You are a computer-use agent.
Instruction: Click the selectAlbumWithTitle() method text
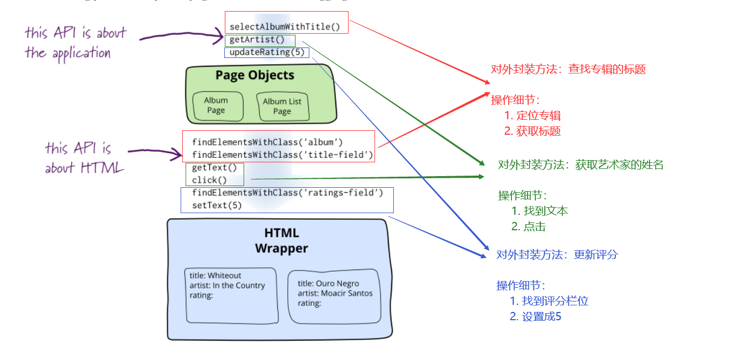coord(284,27)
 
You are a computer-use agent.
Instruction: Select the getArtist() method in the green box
coord(257,40)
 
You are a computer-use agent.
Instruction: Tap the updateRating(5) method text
coord(266,52)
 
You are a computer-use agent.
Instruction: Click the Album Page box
coord(217,105)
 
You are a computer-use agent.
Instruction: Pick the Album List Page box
coord(282,106)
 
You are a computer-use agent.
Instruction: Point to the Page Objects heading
coord(255,75)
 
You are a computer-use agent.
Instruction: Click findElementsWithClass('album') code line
coord(267,142)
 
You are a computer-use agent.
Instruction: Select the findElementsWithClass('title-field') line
coord(282,155)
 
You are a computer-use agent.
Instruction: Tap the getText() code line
coord(214,167)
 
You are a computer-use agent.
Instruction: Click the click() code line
coord(209,180)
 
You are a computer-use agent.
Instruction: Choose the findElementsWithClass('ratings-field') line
coord(287,193)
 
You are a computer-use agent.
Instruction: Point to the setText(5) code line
coord(217,205)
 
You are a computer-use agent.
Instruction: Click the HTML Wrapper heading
coord(281,241)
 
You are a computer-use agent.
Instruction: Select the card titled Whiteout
coord(231,295)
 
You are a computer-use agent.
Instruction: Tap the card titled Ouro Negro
coord(335,296)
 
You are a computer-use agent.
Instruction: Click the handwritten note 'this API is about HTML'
coord(85,157)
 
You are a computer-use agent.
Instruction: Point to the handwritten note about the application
coord(75,43)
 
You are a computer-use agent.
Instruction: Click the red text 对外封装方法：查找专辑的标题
coord(568,69)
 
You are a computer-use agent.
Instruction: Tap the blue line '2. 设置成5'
coord(535,316)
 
